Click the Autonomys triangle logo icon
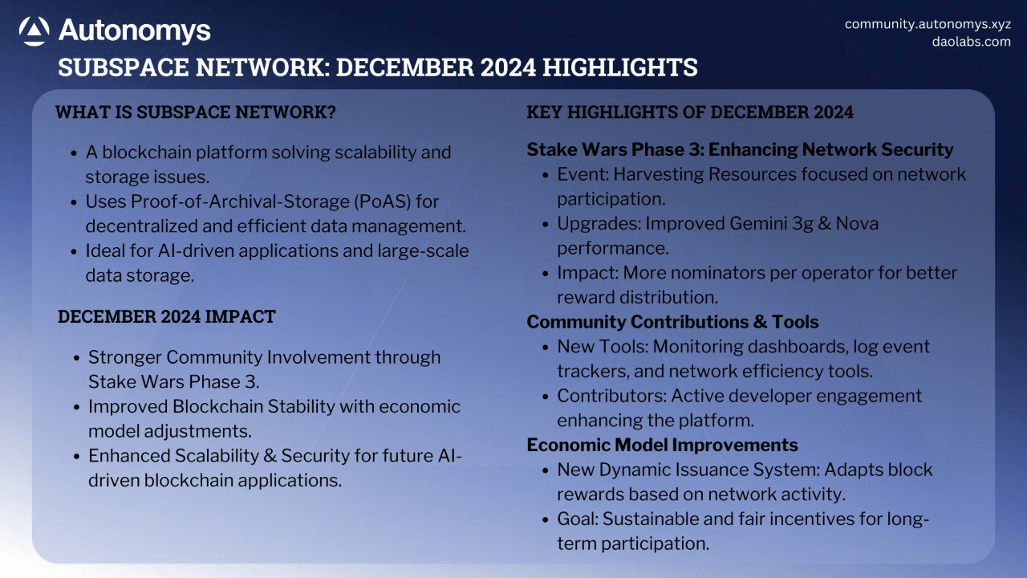34,31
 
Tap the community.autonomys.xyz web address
928,24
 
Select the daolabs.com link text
971,42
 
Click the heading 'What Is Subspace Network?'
196,112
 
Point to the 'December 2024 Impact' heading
166,316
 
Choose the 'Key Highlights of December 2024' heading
689,112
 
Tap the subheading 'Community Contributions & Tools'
672,322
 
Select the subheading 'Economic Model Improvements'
662,445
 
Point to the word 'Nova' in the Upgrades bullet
857,223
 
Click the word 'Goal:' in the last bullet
578,519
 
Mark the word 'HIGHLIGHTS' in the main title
620,67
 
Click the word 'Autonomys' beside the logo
134,31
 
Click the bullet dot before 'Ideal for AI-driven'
75,252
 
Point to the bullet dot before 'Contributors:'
545,397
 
